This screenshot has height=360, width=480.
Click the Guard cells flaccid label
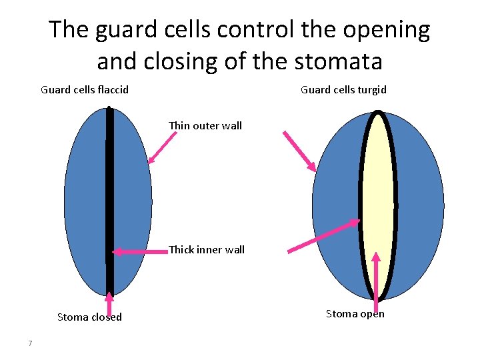(x=85, y=89)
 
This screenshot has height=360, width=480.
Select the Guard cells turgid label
(x=343, y=89)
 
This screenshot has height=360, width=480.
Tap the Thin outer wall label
(x=205, y=125)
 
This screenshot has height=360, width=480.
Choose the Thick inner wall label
(x=207, y=250)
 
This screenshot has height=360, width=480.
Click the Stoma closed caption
(x=89, y=317)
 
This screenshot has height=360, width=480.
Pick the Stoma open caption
(x=355, y=314)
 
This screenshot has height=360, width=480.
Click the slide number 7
(x=30, y=343)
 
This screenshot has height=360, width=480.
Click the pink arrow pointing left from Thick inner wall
(x=139, y=251)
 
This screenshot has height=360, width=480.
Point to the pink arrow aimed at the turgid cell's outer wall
(x=299, y=151)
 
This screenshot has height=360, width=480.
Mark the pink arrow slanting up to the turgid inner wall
(x=323, y=236)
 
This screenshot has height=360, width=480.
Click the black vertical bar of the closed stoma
(x=110, y=200)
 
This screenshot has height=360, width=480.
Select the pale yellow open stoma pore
(x=378, y=200)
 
